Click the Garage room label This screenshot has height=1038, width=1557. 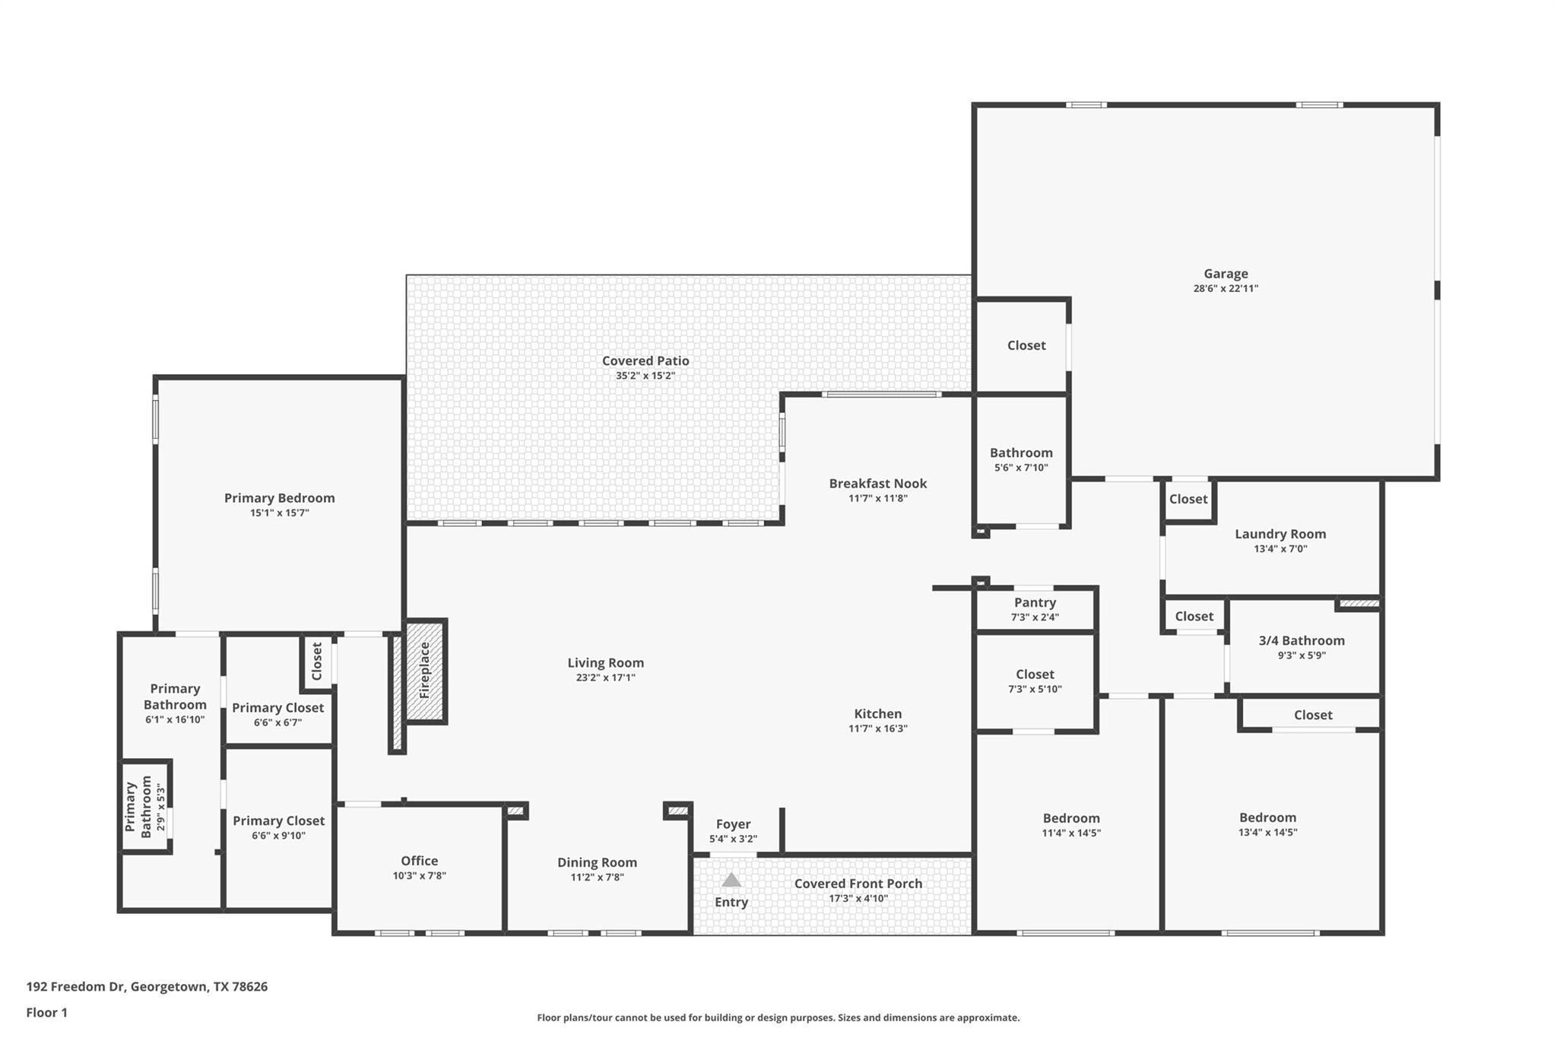click(1225, 274)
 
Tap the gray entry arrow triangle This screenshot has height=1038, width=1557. click(731, 881)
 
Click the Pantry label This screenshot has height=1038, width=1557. click(1035, 602)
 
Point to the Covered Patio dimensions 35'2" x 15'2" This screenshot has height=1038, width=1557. click(645, 376)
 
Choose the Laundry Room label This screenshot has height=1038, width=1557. click(1280, 534)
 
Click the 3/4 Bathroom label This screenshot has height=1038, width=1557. click(1301, 640)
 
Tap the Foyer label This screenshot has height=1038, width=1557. click(733, 824)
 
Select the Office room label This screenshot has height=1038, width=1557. click(419, 860)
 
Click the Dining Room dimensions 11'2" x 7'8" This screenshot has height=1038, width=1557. click(597, 877)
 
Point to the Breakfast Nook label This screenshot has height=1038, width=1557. click(877, 483)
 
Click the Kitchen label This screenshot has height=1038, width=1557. click(877, 713)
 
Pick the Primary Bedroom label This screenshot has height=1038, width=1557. click(279, 498)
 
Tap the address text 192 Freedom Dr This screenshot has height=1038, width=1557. click(147, 986)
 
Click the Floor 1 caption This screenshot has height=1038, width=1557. click(46, 1012)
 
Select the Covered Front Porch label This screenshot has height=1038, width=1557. click(858, 883)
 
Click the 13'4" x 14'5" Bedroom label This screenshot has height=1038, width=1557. click(1267, 817)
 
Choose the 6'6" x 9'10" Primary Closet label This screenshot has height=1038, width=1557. click(278, 821)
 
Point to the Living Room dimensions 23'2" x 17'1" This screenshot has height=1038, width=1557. click(605, 678)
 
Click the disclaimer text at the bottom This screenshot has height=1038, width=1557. click(778, 1017)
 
